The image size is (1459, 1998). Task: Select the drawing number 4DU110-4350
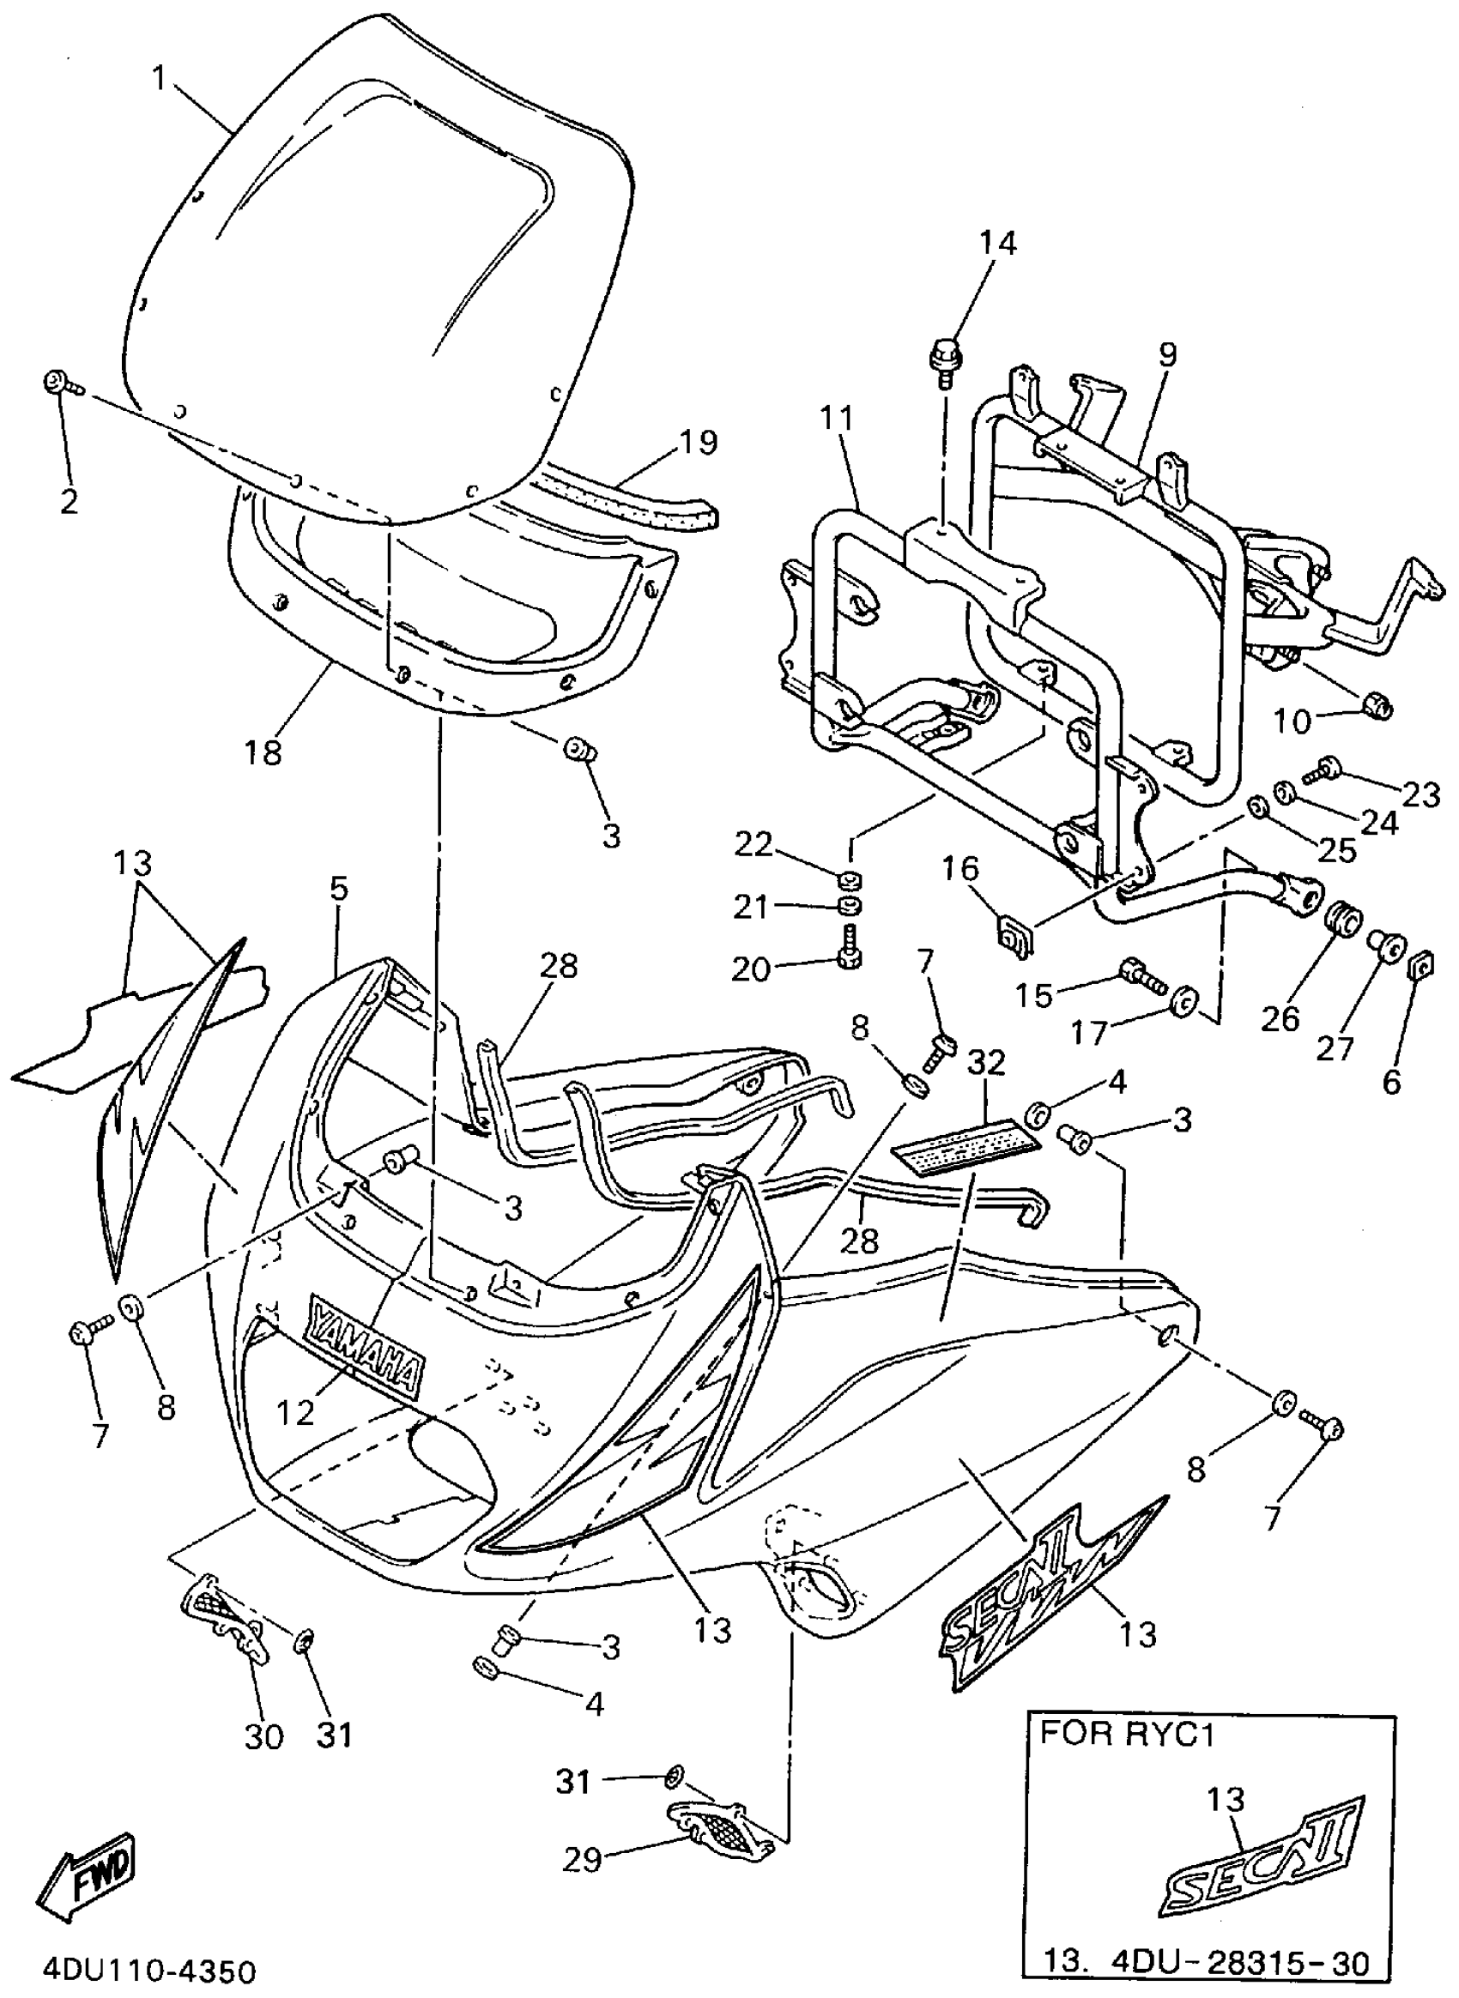[150, 1971]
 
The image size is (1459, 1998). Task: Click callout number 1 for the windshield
[159, 79]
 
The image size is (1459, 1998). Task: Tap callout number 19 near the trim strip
[698, 442]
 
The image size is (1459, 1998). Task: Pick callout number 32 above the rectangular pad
[985, 1063]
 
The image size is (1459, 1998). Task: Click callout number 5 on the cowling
[339, 888]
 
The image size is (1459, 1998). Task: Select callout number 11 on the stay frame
[835, 418]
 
